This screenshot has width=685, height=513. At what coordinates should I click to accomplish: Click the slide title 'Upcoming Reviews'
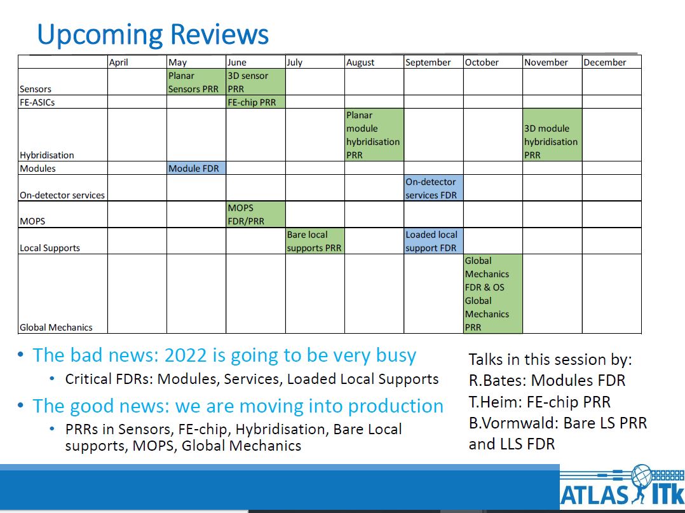click(153, 34)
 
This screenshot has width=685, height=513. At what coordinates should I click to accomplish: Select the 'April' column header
click(118, 62)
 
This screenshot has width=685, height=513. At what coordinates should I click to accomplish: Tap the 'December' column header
click(605, 62)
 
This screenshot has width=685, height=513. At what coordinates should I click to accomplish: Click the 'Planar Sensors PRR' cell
click(196, 82)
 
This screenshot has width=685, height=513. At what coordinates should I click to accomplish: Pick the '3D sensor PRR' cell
click(255, 82)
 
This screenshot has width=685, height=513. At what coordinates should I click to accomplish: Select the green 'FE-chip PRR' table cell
click(255, 102)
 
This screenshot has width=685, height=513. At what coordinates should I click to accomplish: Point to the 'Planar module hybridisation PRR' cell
click(374, 135)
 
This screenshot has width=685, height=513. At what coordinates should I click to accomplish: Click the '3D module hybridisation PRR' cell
click(552, 135)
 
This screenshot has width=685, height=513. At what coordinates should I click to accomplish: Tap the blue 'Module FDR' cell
click(196, 168)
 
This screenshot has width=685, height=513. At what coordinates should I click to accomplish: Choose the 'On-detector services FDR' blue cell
click(434, 188)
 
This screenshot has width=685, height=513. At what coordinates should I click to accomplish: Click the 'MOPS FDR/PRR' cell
click(255, 215)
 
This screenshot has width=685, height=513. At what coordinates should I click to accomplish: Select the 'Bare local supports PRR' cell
click(315, 241)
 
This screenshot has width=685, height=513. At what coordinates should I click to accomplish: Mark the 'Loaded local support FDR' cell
click(434, 241)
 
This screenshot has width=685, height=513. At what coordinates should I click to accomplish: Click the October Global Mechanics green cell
click(493, 294)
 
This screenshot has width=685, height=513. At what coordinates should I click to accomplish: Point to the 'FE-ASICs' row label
click(37, 102)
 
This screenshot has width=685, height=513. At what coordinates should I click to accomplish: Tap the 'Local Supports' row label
click(50, 248)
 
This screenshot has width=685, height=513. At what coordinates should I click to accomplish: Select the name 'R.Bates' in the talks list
click(497, 380)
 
